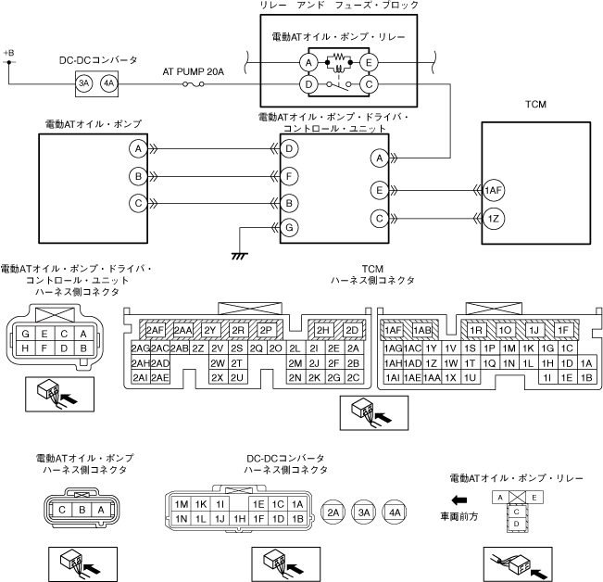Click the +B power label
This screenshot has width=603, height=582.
pos(9,53)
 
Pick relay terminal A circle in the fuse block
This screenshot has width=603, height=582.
pos(308,62)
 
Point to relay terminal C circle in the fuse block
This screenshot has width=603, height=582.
pos(369,84)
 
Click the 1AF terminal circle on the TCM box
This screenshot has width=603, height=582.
pos(493,190)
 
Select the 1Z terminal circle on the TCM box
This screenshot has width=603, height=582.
pos(493,219)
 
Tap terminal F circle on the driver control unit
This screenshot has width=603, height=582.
pos(290,175)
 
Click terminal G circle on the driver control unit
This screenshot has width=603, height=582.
pos(290,227)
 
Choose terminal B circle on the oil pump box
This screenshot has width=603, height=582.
pos(137,175)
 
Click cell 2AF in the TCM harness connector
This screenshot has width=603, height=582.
pos(154,330)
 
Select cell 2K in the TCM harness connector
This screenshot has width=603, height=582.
pos(314,377)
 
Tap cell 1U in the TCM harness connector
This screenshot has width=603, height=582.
pos(470,377)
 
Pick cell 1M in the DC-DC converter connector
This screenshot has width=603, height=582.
pos(182,504)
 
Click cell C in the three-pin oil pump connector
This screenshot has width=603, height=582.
pos(62,509)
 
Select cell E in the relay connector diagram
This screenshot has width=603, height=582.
pos(534,498)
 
